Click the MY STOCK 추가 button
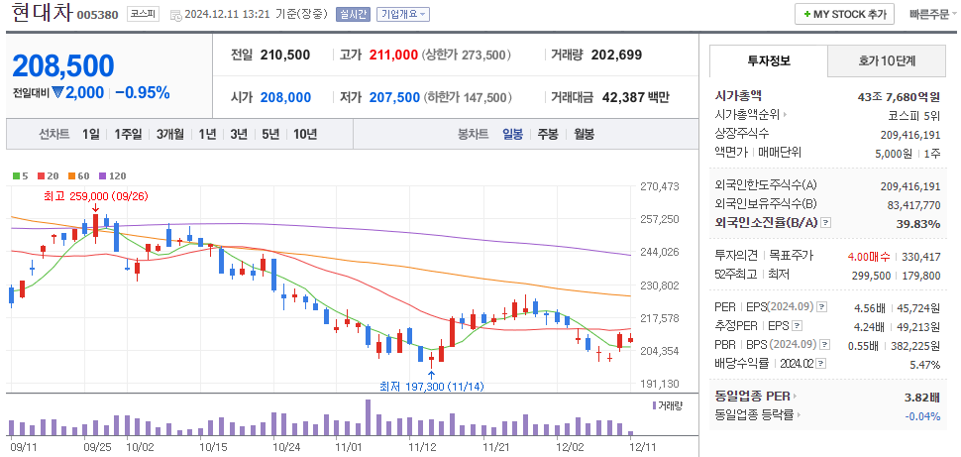(844, 15)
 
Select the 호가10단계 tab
(887, 60)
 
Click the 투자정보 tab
(768, 60)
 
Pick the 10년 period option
(305, 134)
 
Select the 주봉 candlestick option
(548, 134)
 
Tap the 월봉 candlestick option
(584, 134)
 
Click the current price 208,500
(63, 66)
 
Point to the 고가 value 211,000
(392, 55)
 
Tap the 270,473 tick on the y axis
(659, 186)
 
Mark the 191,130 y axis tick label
(659, 384)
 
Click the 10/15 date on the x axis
(213, 447)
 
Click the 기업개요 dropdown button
(403, 15)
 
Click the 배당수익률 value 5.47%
(921, 365)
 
